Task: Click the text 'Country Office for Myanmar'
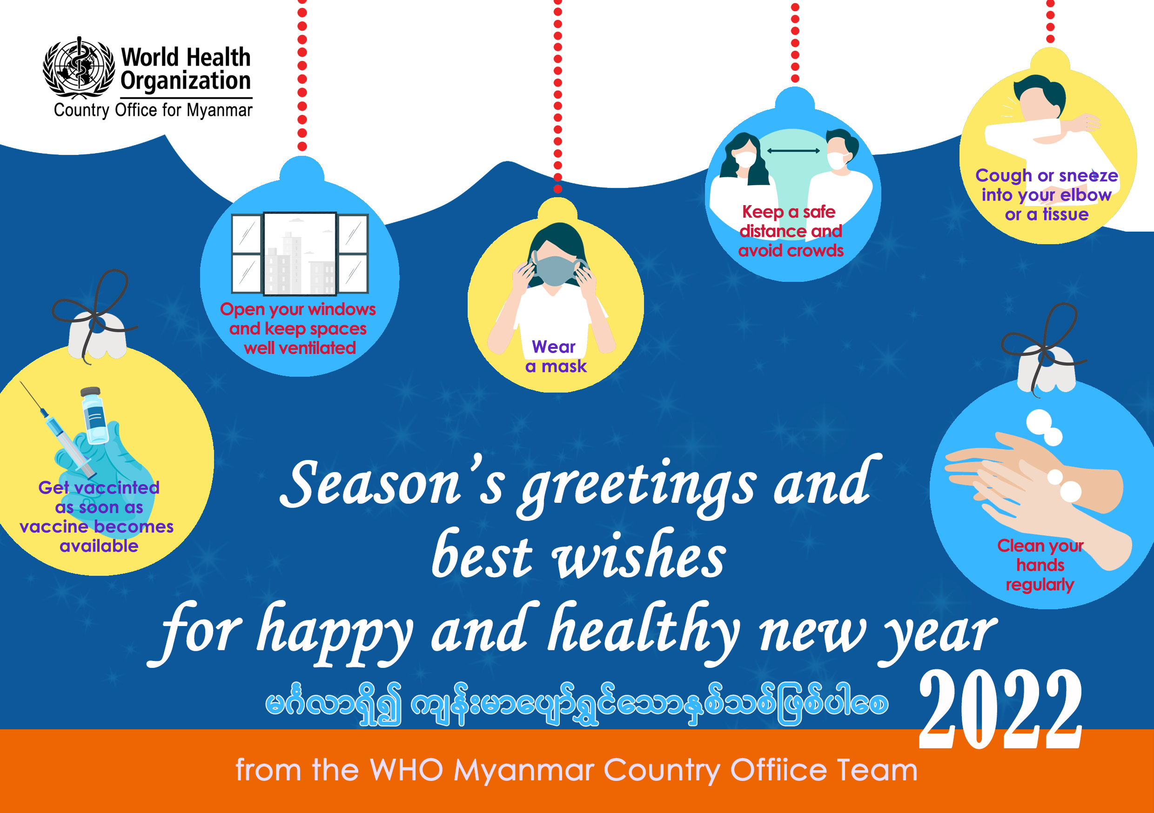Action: [153, 110]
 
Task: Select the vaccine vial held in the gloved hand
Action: [94, 415]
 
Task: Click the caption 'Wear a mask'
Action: [556, 357]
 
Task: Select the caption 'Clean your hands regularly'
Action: [1040, 565]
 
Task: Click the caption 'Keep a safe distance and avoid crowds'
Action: [791, 231]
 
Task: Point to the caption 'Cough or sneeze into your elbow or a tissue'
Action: [1047, 195]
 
